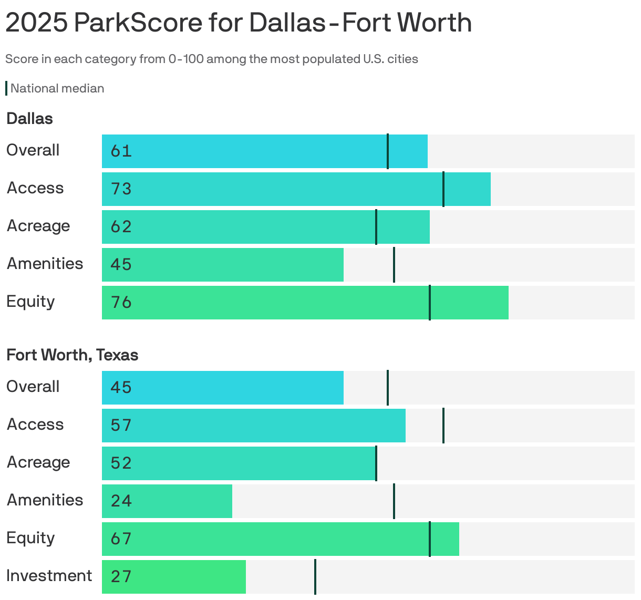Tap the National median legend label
(x=57, y=88)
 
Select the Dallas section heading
(x=29, y=119)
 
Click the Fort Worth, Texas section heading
(x=72, y=355)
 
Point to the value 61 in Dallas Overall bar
(x=121, y=151)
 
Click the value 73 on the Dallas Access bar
(x=121, y=189)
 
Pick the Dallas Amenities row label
(x=45, y=264)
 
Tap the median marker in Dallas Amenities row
(x=394, y=265)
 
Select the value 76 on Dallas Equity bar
(x=121, y=303)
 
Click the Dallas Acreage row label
(x=38, y=226)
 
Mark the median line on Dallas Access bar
(x=443, y=189)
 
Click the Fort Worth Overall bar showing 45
(x=222, y=388)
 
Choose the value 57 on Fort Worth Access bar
(x=121, y=426)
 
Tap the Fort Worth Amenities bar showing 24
(x=167, y=501)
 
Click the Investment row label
(x=49, y=576)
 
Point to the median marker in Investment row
(x=315, y=577)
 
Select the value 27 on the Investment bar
(x=121, y=577)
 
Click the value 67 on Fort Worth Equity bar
(x=121, y=539)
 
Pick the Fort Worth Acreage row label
(x=38, y=462)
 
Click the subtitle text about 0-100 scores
(x=211, y=59)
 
